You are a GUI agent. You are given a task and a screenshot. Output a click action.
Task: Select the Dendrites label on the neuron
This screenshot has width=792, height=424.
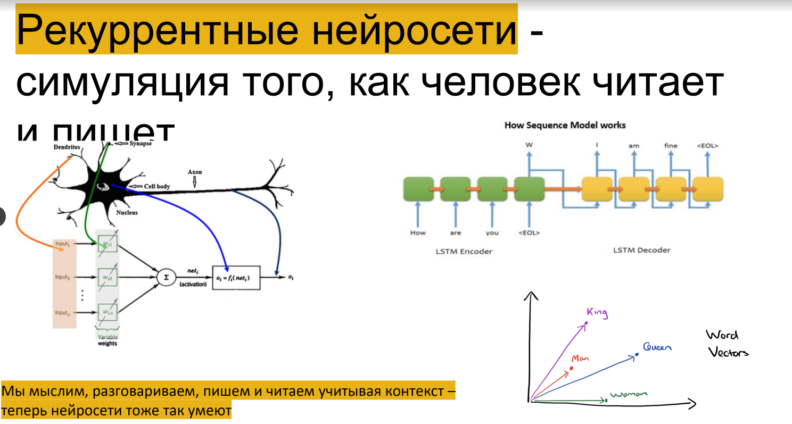pyautogui.click(x=67, y=146)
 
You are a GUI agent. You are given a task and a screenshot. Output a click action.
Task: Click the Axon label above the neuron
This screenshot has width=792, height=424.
pyautogui.click(x=195, y=172)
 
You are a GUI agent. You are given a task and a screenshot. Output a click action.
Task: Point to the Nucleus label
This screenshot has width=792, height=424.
pyautogui.click(x=127, y=213)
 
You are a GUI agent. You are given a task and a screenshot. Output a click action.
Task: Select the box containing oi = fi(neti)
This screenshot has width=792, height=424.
pyautogui.click(x=236, y=277)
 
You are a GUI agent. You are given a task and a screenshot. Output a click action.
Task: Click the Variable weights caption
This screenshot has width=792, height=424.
pyautogui.click(x=107, y=340)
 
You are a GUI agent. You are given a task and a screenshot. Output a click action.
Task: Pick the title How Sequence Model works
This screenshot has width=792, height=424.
pyautogui.click(x=565, y=126)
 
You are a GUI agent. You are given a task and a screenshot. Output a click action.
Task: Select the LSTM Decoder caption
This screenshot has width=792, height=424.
pyautogui.click(x=642, y=250)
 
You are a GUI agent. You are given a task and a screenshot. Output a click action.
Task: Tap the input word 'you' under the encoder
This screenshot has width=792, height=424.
pyautogui.click(x=492, y=233)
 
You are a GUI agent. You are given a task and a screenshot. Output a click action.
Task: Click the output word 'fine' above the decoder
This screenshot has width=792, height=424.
pyautogui.click(x=671, y=145)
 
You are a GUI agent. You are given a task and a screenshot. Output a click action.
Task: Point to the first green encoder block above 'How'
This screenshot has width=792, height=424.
pyautogui.click(x=418, y=189)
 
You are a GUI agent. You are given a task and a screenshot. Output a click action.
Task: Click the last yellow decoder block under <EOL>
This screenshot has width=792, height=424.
pyautogui.click(x=707, y=189)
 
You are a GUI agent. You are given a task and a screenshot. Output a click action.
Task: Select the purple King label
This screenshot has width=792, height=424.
pyautogui.click(x=597, y=312)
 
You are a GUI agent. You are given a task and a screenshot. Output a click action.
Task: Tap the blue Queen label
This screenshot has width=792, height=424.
pyautogui.click(x=657, y=347)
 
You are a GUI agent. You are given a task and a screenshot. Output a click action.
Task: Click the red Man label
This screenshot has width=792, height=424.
pyautogui.click(x=580, y=359)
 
